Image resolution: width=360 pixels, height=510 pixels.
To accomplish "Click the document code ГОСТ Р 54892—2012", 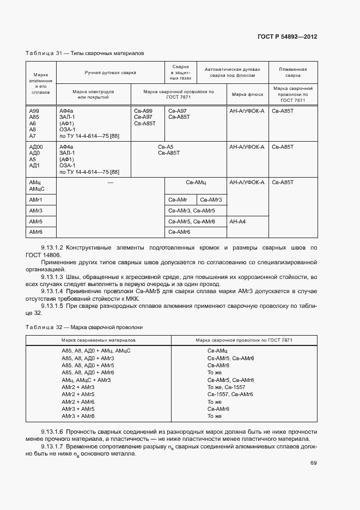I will click(287, 37).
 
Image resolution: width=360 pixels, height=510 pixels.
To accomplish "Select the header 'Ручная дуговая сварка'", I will click(110, 72).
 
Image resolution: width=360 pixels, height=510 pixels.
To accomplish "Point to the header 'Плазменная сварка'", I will click(292, 72).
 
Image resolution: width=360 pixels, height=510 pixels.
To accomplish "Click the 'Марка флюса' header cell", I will click(247, 94).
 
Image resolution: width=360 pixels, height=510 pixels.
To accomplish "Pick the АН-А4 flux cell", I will click(238, 222).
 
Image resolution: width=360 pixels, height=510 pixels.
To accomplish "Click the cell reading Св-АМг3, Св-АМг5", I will click(192, 211).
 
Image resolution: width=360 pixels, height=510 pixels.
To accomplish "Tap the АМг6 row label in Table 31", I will click(36, 233).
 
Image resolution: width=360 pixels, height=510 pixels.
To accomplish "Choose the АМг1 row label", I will click(36, 200).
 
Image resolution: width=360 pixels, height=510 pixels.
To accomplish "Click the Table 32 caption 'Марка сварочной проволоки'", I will click(84, 327).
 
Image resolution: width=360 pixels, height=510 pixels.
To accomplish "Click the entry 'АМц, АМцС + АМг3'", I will click(87, 380).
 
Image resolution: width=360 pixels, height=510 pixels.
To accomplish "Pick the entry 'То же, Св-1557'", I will click(224, 387).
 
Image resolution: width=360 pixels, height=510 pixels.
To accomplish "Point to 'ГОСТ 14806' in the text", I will click(43, 255).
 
